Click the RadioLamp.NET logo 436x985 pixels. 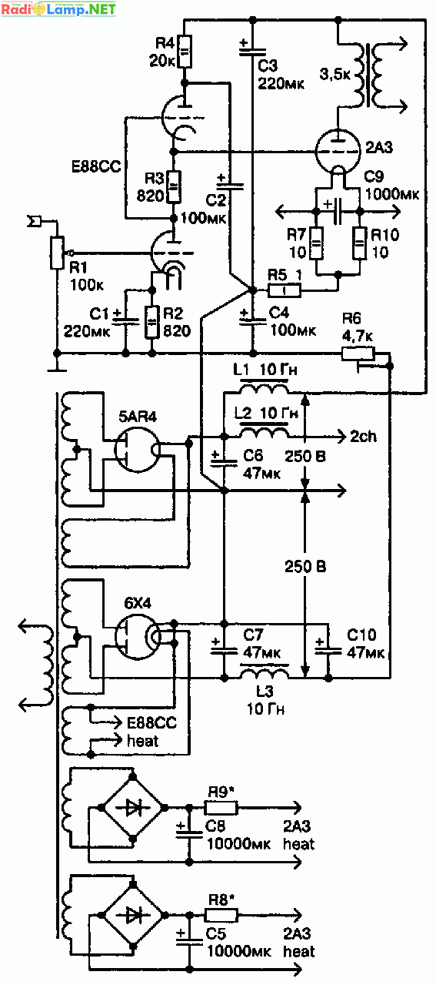pyautogui.click(x=58, y=8)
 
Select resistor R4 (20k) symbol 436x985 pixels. pyautogui.click(x=185, y=52)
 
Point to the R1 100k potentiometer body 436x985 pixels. pyautogui.click(x=57, y=253)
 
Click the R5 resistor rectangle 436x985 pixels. pyautogui.click(x=285, y=290)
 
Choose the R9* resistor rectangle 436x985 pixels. pyautogui.click(x=221, y=808)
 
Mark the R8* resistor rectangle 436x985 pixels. pyautogui.click(x=221, y=915)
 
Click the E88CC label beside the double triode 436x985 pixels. pyautogui.click(x=95, y=166)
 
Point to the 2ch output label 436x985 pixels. pyautogui.click(x=363, y=436)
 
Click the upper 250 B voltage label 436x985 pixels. pyautogui.click(x=305, y=456)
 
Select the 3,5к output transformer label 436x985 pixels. pyautogui.click(x=335, y=74)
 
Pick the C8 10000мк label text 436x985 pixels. pyautogui.click(x=238, y=835)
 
